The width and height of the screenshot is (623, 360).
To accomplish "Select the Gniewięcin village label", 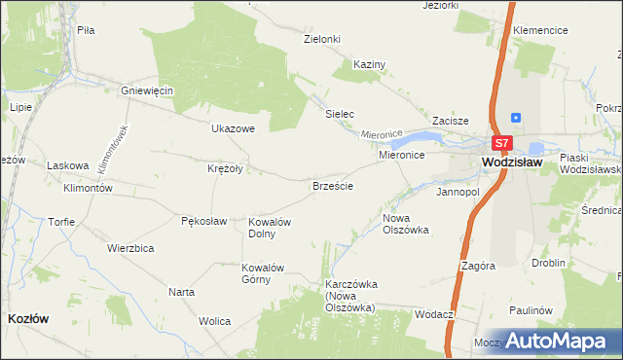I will point(146,90).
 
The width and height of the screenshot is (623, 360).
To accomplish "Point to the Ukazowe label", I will point(233,128).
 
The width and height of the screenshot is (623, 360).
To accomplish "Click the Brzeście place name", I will point(332,185).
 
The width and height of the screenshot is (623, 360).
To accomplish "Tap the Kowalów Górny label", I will point(262,273).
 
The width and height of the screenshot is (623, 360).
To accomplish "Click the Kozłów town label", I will point(29,318).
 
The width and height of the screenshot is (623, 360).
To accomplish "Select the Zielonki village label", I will point(322,39).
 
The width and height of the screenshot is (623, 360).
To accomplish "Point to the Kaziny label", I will point(370,64).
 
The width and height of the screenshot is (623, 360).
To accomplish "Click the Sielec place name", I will point(339,114).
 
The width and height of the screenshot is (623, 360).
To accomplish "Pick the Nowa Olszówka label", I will point(406,224).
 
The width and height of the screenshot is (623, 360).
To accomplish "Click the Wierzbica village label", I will point(131,248).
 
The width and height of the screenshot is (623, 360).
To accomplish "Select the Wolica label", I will point(214,321).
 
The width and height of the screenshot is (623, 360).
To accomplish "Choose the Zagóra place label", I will point(480,265).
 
